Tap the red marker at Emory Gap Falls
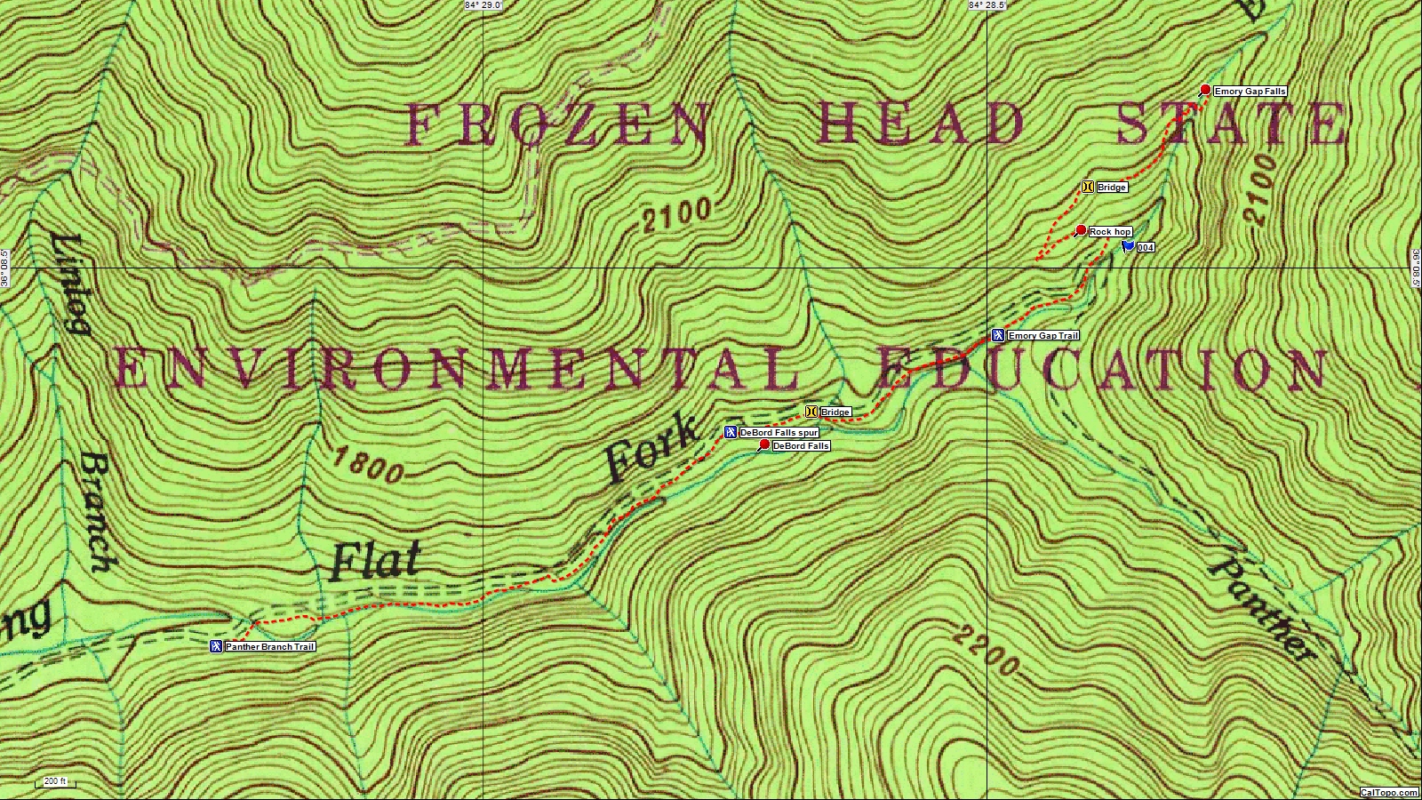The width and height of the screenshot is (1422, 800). click(1205, 90)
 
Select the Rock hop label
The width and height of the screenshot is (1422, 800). click(1110, 232)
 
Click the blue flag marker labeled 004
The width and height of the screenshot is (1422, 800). click(1128, 246)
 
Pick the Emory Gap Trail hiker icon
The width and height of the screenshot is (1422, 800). click(998, 335)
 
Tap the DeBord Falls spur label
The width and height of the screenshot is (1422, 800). click(779, 433)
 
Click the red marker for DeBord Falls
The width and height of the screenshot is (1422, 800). click(764, 444)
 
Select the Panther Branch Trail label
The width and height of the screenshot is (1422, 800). click(270, 647)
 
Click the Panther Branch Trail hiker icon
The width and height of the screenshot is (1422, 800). click(215, 646)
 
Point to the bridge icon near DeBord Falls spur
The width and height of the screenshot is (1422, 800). click(811, 412)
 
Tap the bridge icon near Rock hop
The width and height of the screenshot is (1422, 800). click(1087, 187)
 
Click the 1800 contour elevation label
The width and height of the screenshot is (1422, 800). click(368, 466)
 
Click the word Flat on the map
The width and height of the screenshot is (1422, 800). click(374, 561)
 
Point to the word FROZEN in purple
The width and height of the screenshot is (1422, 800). click(557, 124)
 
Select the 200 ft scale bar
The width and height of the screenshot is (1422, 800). click(55, 782)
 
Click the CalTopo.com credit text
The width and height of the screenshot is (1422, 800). click(1389, 793)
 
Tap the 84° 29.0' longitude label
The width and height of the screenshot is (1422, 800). click(483, 5)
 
